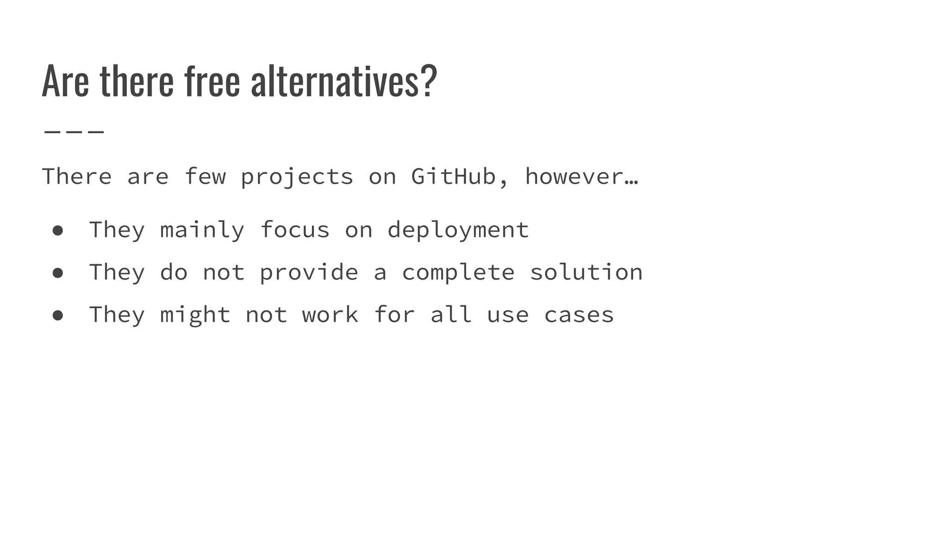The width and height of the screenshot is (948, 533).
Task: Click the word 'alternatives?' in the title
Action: click(343, 81)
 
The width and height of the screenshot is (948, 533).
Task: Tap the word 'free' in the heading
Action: click(212, 81)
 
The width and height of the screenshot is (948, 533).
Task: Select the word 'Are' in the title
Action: click(65, 81)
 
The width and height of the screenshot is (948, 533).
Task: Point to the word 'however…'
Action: click(581, 177)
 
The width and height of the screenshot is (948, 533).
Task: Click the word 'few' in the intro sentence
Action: click(205, 177)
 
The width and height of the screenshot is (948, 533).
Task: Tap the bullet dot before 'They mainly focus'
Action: click(58, 230)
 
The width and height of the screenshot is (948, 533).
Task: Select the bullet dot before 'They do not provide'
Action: click(58, 273)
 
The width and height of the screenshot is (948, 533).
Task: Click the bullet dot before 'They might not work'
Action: click(58, 316)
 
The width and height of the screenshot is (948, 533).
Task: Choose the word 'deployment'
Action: click(458, 230)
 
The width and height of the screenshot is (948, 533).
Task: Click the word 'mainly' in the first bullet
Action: click(202, 230)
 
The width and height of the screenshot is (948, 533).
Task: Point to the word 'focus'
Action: click(295, 230)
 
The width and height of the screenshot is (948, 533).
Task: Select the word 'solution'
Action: click(586, 272)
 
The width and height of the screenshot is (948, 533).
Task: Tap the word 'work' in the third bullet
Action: click(330, 315)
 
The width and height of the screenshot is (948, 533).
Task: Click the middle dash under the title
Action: click(74, 132)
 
